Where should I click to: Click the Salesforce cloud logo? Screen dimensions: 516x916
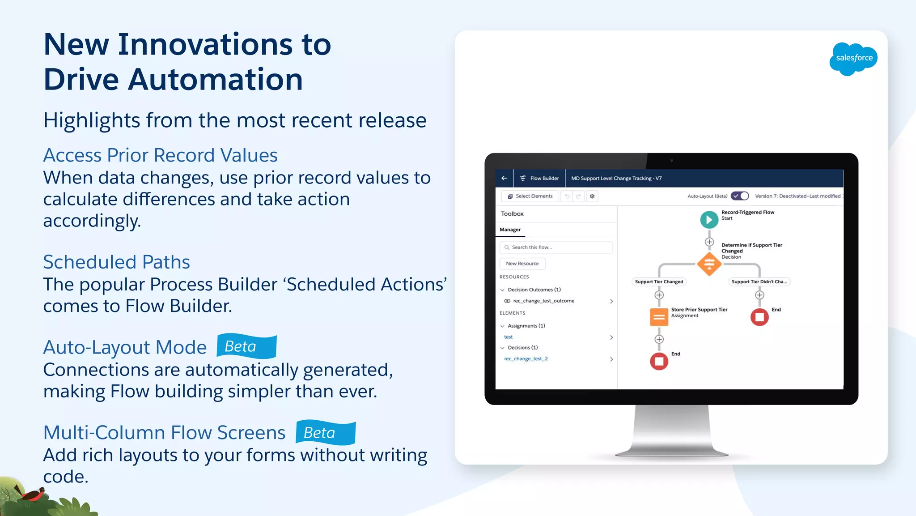tap(853, 58)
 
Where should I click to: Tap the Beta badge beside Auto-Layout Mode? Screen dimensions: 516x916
tap(246, 346)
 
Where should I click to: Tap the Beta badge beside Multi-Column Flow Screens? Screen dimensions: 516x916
tap(326, 432)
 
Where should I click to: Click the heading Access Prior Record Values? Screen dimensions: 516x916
tap(160, 155)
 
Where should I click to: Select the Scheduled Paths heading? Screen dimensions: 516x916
tap(116, 262)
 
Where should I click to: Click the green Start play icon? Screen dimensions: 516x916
tap(709, 220)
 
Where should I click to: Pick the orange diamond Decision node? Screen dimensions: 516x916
tap(709, 264)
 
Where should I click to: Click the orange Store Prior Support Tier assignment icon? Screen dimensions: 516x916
tap(659, 317)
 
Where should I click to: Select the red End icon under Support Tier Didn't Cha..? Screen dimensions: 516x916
tap(759, 317)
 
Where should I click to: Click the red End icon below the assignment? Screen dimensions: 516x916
tap(659, 361)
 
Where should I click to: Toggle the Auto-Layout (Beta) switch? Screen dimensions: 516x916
tap(740, 196)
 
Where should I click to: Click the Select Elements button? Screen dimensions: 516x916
tap(530, 196)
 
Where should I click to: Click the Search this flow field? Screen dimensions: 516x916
tap(556, 247)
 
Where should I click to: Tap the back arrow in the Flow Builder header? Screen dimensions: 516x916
tap(505, 178)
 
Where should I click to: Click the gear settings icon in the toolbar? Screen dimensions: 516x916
tap(592, 196)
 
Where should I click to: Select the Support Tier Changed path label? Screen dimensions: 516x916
tap(659, 282)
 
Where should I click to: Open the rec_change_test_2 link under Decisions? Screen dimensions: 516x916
tap(526, 359)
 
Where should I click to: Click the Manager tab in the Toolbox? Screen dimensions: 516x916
tap(510, 230)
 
